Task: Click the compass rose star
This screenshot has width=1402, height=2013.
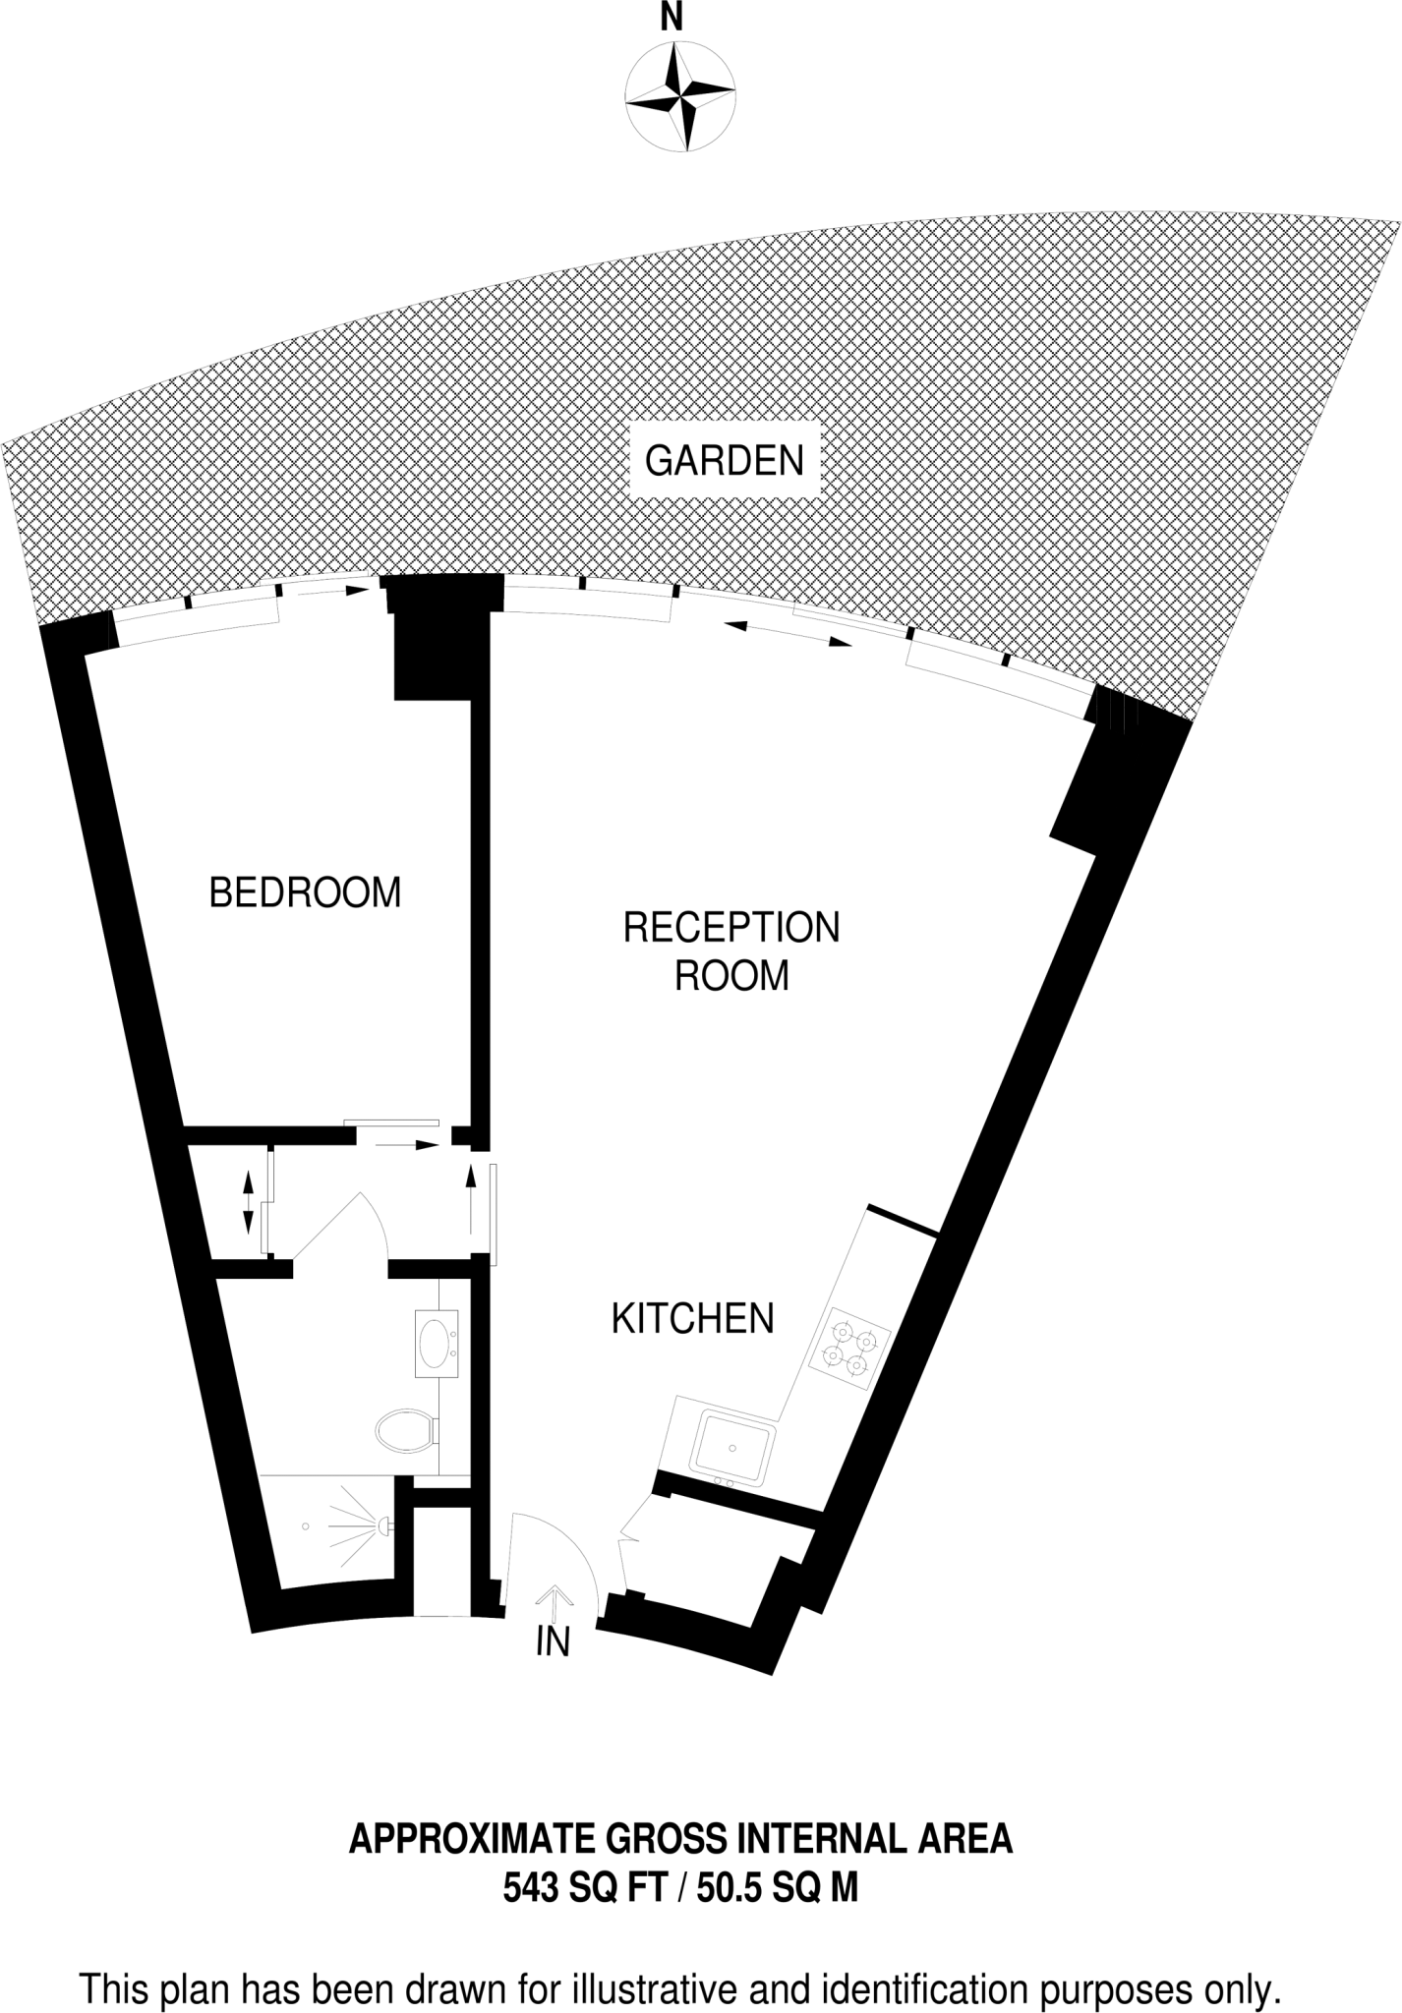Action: (x=680, y=95)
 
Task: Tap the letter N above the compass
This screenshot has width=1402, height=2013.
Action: (x=672, y=18)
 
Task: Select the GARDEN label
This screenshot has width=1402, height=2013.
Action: (x=725, y=460)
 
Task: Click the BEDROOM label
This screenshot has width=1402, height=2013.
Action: (x=306, y=892)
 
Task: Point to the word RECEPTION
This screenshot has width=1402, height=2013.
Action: (x=731, y=928)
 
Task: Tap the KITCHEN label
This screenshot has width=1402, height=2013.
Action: (x=693, y=1319)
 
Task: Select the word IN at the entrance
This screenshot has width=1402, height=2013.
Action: (x=554, y=1640)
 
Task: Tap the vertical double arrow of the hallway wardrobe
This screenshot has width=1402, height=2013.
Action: (x=248, y=1203)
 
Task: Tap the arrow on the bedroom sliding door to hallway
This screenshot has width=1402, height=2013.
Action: (x=407, y=1145)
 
